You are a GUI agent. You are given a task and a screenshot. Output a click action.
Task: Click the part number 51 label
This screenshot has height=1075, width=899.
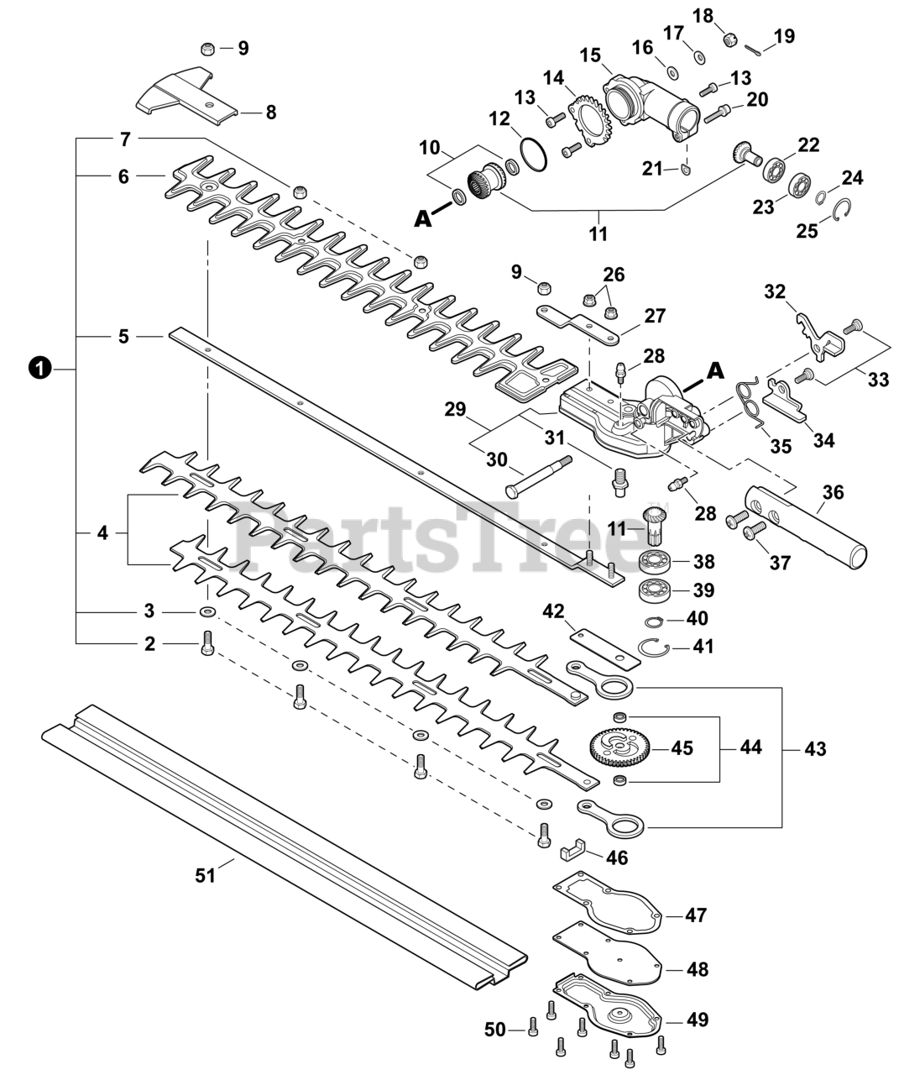pyautogui.click(x=205, y=875)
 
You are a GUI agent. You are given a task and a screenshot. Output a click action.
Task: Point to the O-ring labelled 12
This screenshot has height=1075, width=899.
pyautogui.click(x=531, y=153)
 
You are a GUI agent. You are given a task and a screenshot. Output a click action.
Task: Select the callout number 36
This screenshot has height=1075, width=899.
pyautogui.click(x=832, y=492)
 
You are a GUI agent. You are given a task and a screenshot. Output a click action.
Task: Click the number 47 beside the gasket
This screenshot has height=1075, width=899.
pyautogui.click(x=696, y=915)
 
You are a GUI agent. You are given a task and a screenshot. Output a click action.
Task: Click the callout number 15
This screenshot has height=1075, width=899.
pyautogui.click(x=590, y=55)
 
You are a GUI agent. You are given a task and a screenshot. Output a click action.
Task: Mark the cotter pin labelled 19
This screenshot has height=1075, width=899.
pyautogui.click(x=758, y=50)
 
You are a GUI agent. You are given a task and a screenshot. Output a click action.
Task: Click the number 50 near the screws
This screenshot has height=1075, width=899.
pyautogui.click(x=495, y=1029)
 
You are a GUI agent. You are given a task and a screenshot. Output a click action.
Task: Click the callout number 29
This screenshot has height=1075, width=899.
pyautogui.click(x=455, y=411)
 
